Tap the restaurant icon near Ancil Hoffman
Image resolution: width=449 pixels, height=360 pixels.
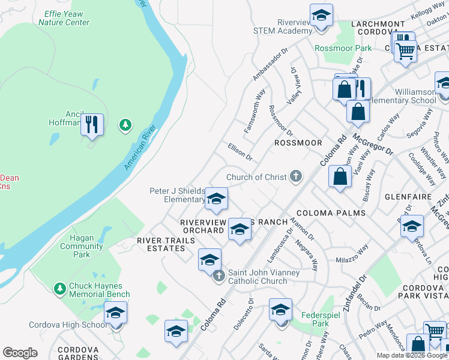(92, 125)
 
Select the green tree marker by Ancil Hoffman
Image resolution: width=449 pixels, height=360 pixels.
(125, 125)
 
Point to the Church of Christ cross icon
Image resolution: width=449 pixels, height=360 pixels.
(295, 177)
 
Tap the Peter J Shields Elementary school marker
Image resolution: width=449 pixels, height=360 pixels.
(216, 199)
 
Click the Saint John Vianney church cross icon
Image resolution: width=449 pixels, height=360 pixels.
(220, 275)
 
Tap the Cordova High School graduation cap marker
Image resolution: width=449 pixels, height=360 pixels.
(116, 313)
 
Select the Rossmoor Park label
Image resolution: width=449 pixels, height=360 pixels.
(343, 47)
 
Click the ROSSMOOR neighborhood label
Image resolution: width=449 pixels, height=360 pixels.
(298, 143)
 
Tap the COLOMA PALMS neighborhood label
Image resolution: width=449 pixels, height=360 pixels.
(331, 213)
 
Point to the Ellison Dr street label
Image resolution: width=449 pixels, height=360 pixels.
(240, 152)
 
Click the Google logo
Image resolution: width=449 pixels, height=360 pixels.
(20, 353)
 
